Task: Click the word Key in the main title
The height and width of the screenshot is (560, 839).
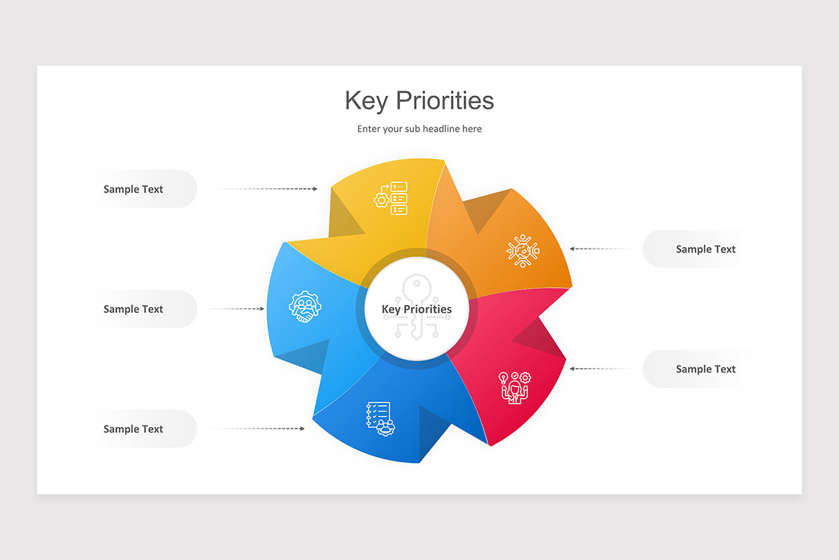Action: coord(366,101)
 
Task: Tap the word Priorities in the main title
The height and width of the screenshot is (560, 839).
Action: coord(445,101)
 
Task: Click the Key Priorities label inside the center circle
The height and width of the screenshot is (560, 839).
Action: coord(417,309)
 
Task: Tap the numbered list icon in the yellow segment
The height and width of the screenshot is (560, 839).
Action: coord(391,198)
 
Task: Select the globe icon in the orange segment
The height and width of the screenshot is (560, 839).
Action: coord(523,251)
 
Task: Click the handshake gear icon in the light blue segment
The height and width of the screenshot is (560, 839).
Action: coord(306,307)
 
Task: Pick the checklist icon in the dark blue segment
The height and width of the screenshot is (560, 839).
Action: coord(380,419)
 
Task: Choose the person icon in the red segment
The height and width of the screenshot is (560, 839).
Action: coord(515,388)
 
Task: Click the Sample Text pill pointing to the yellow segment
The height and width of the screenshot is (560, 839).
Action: coord(134,189)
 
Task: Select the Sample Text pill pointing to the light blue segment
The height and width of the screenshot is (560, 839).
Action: coord(134,309)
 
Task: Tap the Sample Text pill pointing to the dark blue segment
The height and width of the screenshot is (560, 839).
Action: coord(134,428)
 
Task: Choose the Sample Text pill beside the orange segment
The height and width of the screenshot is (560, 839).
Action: coord(705,249)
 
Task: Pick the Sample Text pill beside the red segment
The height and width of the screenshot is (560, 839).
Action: coord(705,369)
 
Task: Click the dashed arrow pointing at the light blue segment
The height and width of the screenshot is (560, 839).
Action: coord(236,309)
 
